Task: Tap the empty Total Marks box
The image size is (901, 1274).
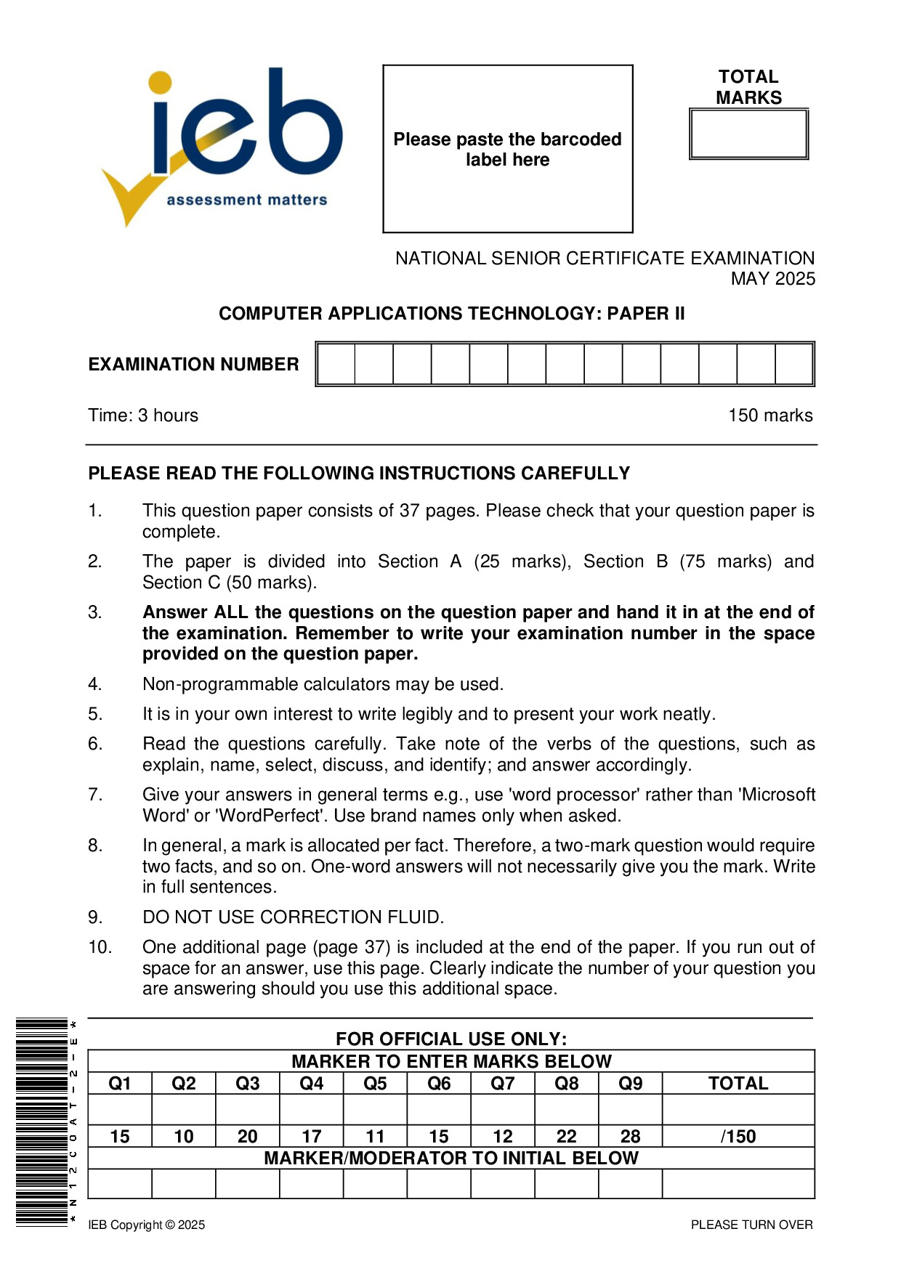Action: (x=748, y=134)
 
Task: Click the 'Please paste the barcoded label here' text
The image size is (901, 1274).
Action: (x=507, y=150)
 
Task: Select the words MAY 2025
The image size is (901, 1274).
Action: (x=773, y=279)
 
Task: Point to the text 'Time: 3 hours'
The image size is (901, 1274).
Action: (x=143, y=415)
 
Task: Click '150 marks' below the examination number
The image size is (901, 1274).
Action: (x=770, y=415)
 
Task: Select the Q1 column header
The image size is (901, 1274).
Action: (x=120, y=1084)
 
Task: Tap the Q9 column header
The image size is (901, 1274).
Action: (x=630, y=1084)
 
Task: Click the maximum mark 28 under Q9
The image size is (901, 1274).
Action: (x=630, y=1137)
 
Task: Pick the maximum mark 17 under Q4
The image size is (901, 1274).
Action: (x=311, y=1137)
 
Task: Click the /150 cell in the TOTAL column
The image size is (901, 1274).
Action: (x=738, y=1137)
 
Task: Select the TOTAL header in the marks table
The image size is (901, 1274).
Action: (x=738, y=1084)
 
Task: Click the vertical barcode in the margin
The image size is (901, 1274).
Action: (x=42, y=1123)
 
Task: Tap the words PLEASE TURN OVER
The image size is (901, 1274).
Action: (x=751, y=1225)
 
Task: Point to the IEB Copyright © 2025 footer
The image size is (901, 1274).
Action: (x=147, y=1225)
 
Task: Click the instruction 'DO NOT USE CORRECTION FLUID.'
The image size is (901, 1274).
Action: (x=293, y=917)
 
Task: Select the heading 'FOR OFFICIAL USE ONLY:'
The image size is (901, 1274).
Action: (x=451, y=1039)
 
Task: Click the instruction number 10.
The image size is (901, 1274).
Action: (x=100, y=947)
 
